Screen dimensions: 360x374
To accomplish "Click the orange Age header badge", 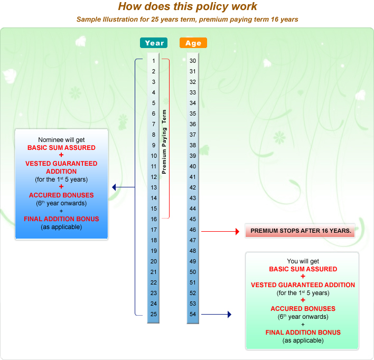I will click(x=193, y=43).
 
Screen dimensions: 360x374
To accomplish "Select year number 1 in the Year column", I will click(x=153, y=61).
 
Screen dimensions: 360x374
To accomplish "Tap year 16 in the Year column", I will click(x=153, y=219).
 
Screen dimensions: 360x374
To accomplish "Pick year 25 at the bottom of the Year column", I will click(x=153, y=314).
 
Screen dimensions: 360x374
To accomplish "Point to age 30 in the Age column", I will click(x=193, y=61).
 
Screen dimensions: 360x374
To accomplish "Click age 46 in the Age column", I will click(x=193, y=230).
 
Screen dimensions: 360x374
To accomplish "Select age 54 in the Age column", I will click(x=193, y=314).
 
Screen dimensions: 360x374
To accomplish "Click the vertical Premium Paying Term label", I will click(x=164, y=141).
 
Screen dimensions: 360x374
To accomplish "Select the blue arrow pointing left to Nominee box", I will click(x=123, y=187).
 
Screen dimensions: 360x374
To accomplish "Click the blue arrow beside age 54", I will click(x=217, y=315).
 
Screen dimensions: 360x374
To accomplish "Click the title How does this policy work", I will click(x=187, y=7).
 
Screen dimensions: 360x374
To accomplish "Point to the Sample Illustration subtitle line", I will click(x=187, y=20).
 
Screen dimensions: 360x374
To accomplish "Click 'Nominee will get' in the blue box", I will click(x=61, y=139).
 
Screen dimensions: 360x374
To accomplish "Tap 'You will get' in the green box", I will click(x=303, y=261).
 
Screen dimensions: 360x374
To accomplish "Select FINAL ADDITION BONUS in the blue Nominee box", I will click(x=61, y=219).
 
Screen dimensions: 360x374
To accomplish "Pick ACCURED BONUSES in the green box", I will click(x=303, y=309).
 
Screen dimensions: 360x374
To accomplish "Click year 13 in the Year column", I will click(x=153, y=187).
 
